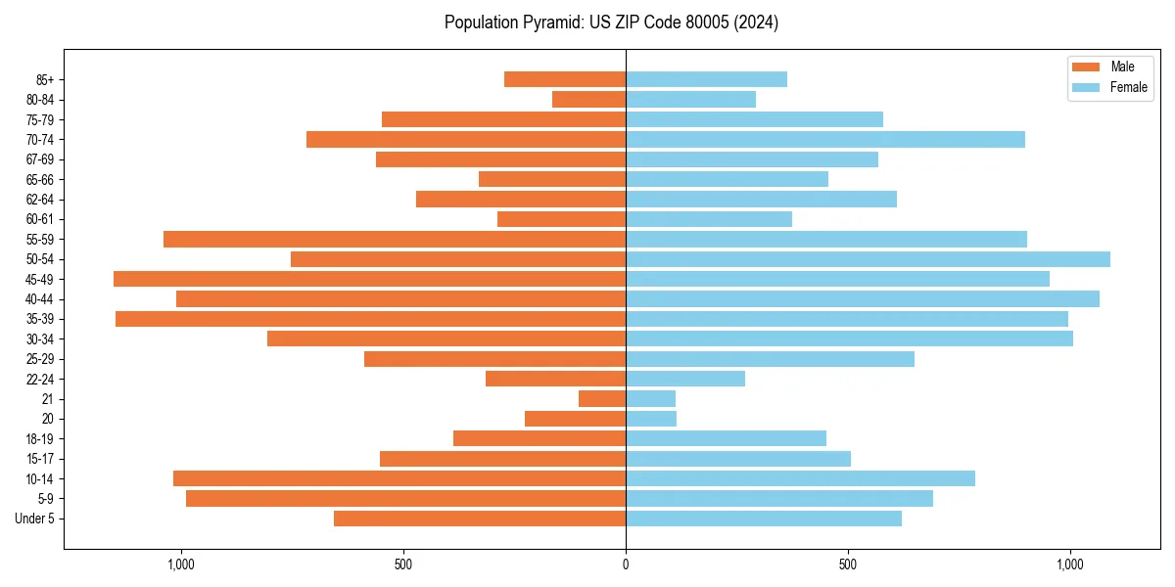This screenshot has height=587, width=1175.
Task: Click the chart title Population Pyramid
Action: [x=611, y=23]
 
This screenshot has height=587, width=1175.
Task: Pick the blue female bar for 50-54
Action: [x=868, y=259]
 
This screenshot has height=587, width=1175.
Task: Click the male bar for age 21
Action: [x=602, y=399]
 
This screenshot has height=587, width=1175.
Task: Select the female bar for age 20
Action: [x=651, y=419]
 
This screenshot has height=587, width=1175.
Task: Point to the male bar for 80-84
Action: [x=588, y=99]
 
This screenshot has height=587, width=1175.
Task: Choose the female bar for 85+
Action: [x=706, y=79]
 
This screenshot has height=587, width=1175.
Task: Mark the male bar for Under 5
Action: [x=480, y=519]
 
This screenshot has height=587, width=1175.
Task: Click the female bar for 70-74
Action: [x=825, y=139]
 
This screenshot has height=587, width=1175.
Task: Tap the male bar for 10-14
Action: [x=399, y=478]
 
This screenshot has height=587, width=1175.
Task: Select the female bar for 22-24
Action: [x=685, y=379]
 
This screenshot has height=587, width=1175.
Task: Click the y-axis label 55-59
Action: [x=40, y=240]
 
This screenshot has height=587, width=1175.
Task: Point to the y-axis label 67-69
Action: [x=40, y=159]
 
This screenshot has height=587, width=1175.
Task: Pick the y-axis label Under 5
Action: [x=35, y=519]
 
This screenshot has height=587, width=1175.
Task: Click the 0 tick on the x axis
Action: [x=626, y=564]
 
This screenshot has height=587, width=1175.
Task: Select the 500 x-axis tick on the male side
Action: [x=403, y=564]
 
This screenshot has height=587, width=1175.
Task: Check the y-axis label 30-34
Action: [x=40, y=339]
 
